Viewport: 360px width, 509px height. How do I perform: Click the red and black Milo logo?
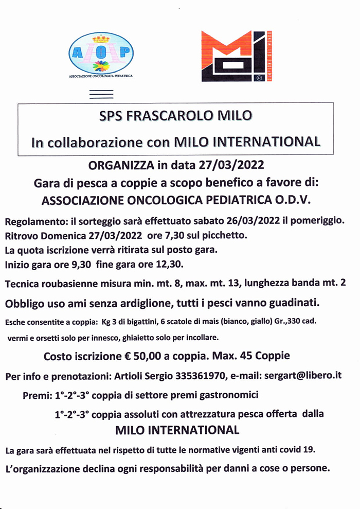236,56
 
